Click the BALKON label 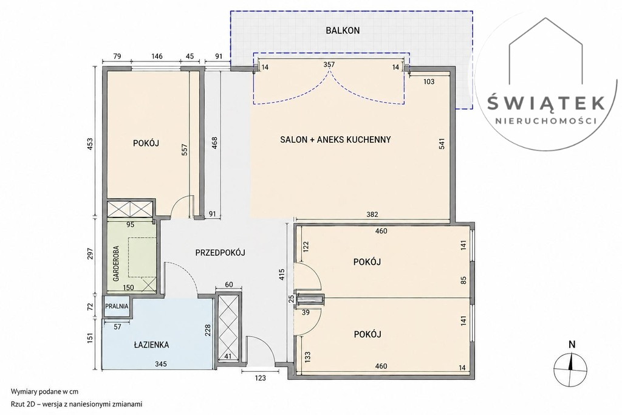pos(343,30)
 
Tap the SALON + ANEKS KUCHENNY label pos(335,140)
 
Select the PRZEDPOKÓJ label pos(220,252)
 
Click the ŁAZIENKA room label pos(151,345)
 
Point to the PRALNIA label pos(117,306)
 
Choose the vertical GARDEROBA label pos(116,264)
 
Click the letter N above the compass pos(572,345)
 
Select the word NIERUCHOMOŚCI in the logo pos(546,120)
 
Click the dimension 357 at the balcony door pos(329,64)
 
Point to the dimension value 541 pos(442,143)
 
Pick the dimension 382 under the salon pos(372,214)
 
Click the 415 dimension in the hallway pos(282,275)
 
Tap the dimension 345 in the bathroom pos(160,364)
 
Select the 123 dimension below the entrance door pos(260,378)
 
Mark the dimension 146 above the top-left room pos(157,57)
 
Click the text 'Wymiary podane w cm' pos(44,391)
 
